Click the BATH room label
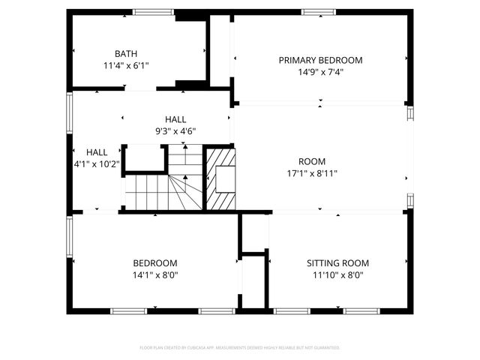click(x=126, y=53)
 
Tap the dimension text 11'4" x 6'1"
click(x=126, y=65)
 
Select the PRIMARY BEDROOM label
click(x=320, y=60)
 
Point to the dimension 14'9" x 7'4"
click(x=320, y=72)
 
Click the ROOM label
click(x=312, y=161)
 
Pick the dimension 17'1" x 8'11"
click(x=312, y=173)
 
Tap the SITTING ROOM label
click(x=337, y=263)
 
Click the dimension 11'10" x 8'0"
click(x=337, y=275)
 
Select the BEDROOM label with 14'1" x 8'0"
click(x=155, y=263)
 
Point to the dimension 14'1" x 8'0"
click(x=155, y=275)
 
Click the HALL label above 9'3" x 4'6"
click(x=175, y=119)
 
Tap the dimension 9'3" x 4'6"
click(x=175, y=131)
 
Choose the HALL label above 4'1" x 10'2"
click(x=97, y=151)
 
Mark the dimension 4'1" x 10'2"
click(x=97, y=163)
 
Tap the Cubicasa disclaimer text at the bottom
click(x=240, y=348)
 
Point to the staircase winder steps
click(x=185, y=191)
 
